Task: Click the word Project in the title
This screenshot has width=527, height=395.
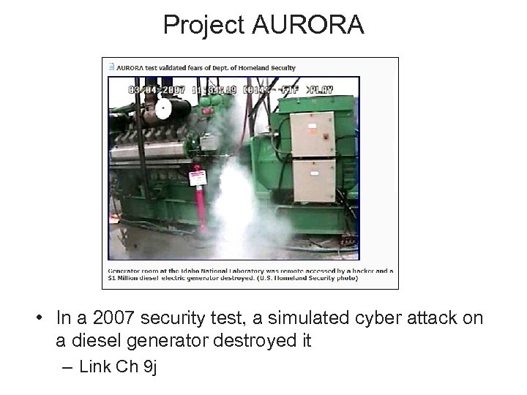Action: pyautogui.click(x=206, y=25)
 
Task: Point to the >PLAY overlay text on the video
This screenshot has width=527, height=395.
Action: pyautogui.click(x=320, y=89)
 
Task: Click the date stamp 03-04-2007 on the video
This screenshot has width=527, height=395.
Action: pyautogui.click(x=155, y=89)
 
